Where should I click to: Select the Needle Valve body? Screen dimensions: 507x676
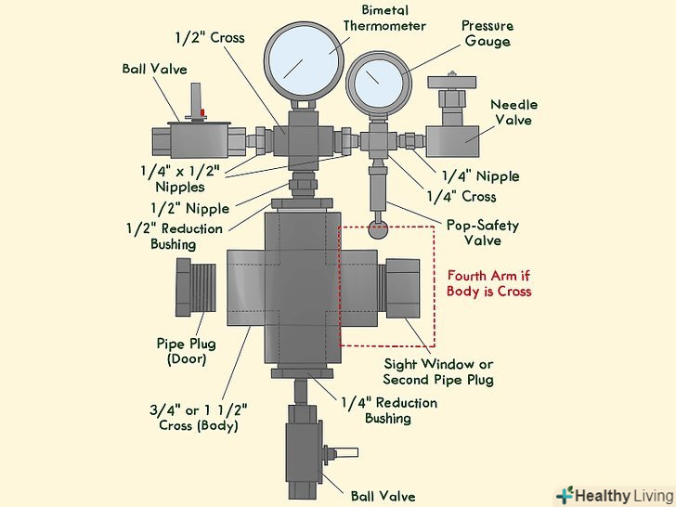(x=455, y=138)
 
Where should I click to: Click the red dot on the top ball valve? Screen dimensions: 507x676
(x=201, y=117)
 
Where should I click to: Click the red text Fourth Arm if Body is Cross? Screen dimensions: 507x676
(x=489, y=283)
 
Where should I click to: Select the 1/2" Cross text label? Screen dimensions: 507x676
(x=210, y=38)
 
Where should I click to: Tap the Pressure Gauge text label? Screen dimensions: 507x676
(x=487, y=33)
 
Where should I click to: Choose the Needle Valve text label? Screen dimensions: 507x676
(x=513, y=112)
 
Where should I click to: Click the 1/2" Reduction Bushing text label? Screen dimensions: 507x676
(x=175, y=236)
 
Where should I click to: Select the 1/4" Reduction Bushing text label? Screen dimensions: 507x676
(x=388, y=410)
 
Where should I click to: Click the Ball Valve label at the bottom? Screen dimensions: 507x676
(x=382, y=497)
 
